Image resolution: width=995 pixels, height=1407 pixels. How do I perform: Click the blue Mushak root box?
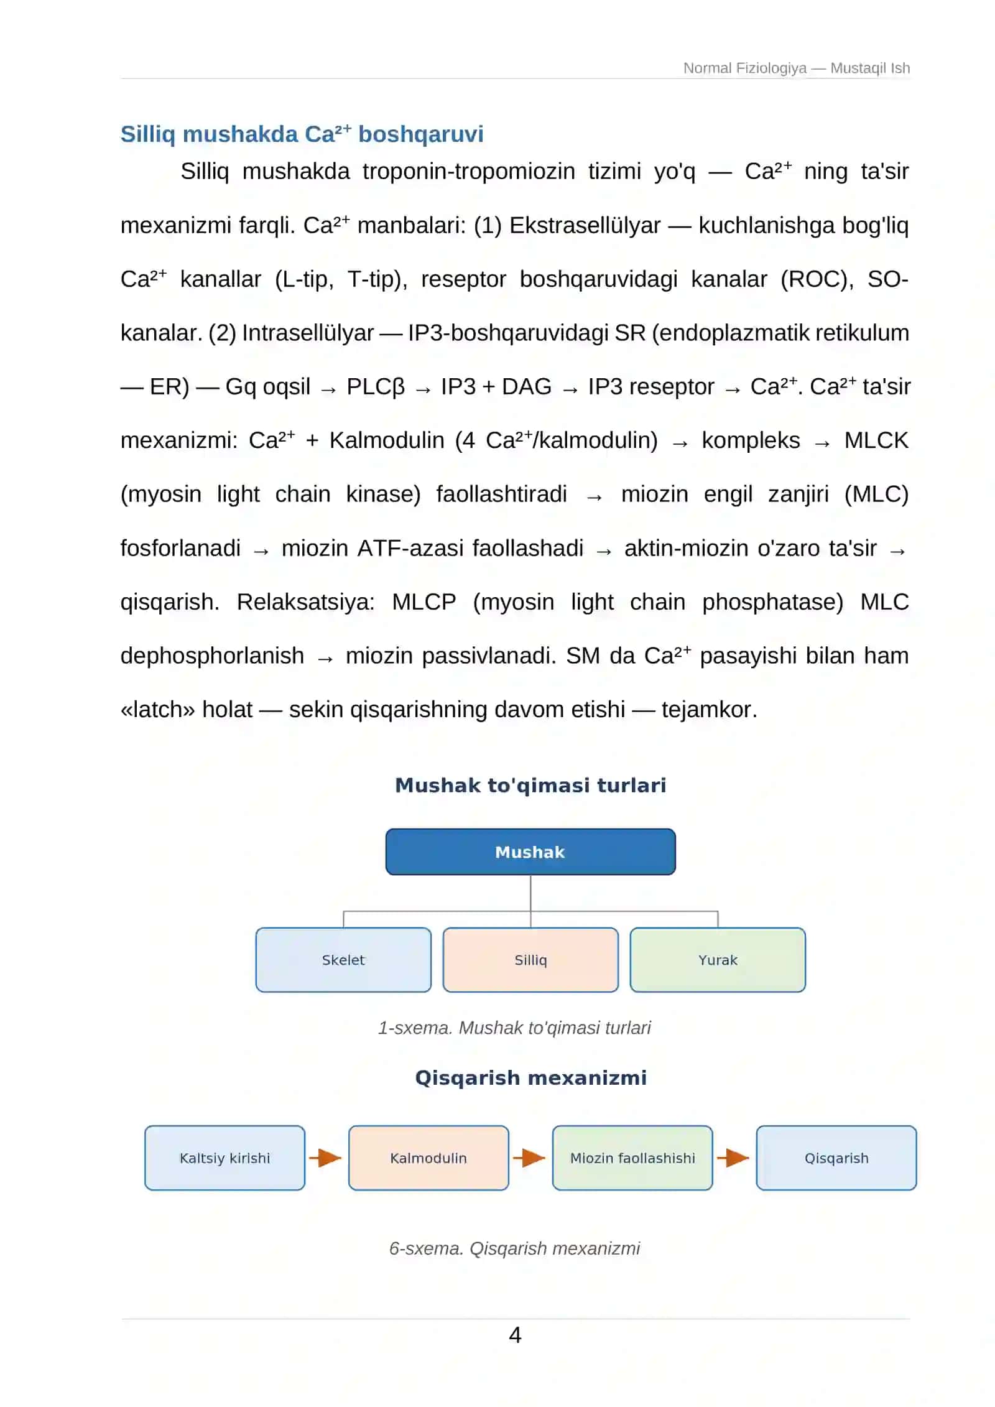pyautogui.click(x=530, y=852)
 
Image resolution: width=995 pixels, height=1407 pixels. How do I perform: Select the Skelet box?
pyautogui.click(x=343, y=960)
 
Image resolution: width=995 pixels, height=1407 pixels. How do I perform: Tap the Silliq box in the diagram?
pyautogui.click(x=530, y=960)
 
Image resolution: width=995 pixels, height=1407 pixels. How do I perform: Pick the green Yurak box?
pyautogui.click(x=718, y=960)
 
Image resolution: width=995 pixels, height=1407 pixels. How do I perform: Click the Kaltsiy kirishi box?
pyautogui.click(x=224, y=1158)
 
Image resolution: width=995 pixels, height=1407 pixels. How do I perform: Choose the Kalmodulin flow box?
pyautogui.click(x=428, y=1158)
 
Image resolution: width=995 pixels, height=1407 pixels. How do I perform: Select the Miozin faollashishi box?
pyautogui.click(x=632, y=1158)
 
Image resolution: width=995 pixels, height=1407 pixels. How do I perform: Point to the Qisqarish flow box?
pyautogui.click(x=836, y=1158)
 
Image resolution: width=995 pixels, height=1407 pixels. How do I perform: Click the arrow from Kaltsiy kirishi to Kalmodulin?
pyautogui.click(x=325, y=1158)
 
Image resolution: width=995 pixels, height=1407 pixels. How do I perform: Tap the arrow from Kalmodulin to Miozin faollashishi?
pyautogui.click(x=529, y=1158)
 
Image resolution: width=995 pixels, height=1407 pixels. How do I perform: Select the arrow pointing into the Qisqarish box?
pyautogui.click(x=733, y=1158)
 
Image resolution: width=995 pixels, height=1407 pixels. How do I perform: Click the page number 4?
pyautogui.click(x=515, y=1335)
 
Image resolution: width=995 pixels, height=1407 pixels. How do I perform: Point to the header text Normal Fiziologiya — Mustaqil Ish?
pyautogui.click(x=797, y=68)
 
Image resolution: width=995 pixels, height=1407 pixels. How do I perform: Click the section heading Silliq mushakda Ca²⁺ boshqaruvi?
pyautogui.click(x=302, y=134)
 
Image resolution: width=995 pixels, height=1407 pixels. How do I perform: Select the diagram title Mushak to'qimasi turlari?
pyautogui.click(x=530, y=785)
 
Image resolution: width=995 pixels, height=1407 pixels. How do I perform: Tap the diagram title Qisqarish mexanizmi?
pyautogui.click(x=530, y=1077)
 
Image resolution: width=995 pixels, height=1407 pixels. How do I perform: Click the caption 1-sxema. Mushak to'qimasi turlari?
pyautogui.click(x=514, y=1028)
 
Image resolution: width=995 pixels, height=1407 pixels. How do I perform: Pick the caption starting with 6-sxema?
pyautogui.click(x=514, y=1248)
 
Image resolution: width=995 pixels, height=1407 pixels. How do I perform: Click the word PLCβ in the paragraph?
pyautogui.click(x=376, y=387)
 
